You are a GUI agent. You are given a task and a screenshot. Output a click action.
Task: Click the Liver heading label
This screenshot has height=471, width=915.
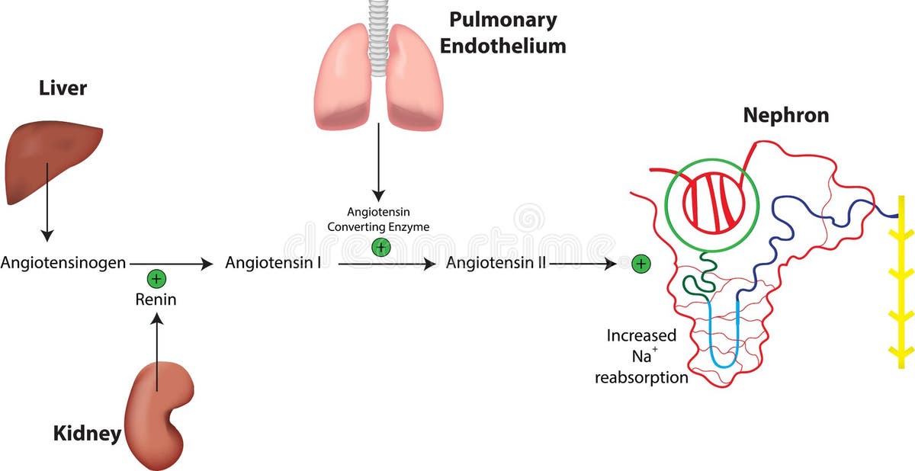coord(63,89)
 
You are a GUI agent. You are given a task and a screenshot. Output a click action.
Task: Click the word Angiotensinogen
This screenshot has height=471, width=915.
coord(63,264)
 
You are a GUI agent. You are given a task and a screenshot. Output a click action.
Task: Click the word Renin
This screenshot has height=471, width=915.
coord(156,300)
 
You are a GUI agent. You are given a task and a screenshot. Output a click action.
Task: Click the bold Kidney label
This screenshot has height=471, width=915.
coord(87,434)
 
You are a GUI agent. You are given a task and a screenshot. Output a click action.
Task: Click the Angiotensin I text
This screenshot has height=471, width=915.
coord(272,264)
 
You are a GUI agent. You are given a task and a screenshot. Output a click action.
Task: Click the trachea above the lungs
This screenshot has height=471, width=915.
coord(377,30)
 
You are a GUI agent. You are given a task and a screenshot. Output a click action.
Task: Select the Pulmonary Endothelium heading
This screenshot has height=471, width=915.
coord(502,32)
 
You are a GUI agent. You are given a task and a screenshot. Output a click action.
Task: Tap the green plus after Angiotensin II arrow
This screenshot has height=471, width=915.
coord(642,264)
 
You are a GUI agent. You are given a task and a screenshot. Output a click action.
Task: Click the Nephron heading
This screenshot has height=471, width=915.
coord(785,116)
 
